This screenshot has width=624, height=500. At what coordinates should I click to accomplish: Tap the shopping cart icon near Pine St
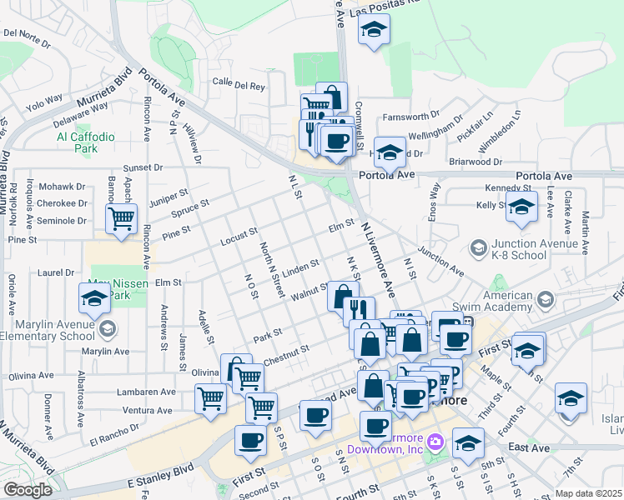coord(122,219)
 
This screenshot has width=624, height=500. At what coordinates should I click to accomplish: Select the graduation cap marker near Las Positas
coord(374,31)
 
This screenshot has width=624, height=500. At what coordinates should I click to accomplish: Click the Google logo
coord(28,490)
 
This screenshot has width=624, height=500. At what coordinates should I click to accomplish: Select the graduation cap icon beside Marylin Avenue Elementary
coord(94,298)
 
